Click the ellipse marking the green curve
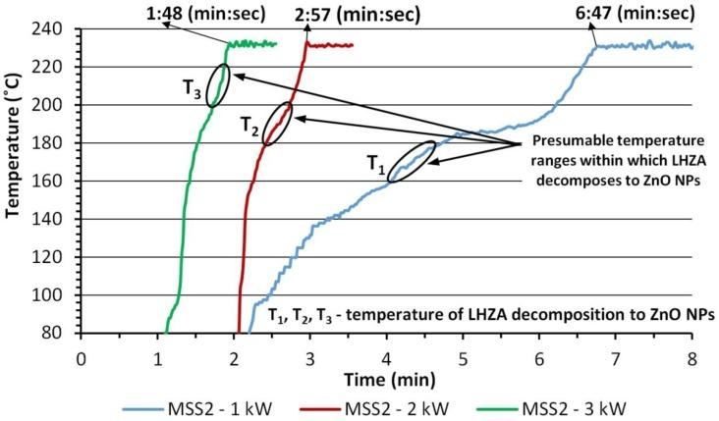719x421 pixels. click(x=220, y=85)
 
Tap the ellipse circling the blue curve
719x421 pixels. click(x=412, y=161)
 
